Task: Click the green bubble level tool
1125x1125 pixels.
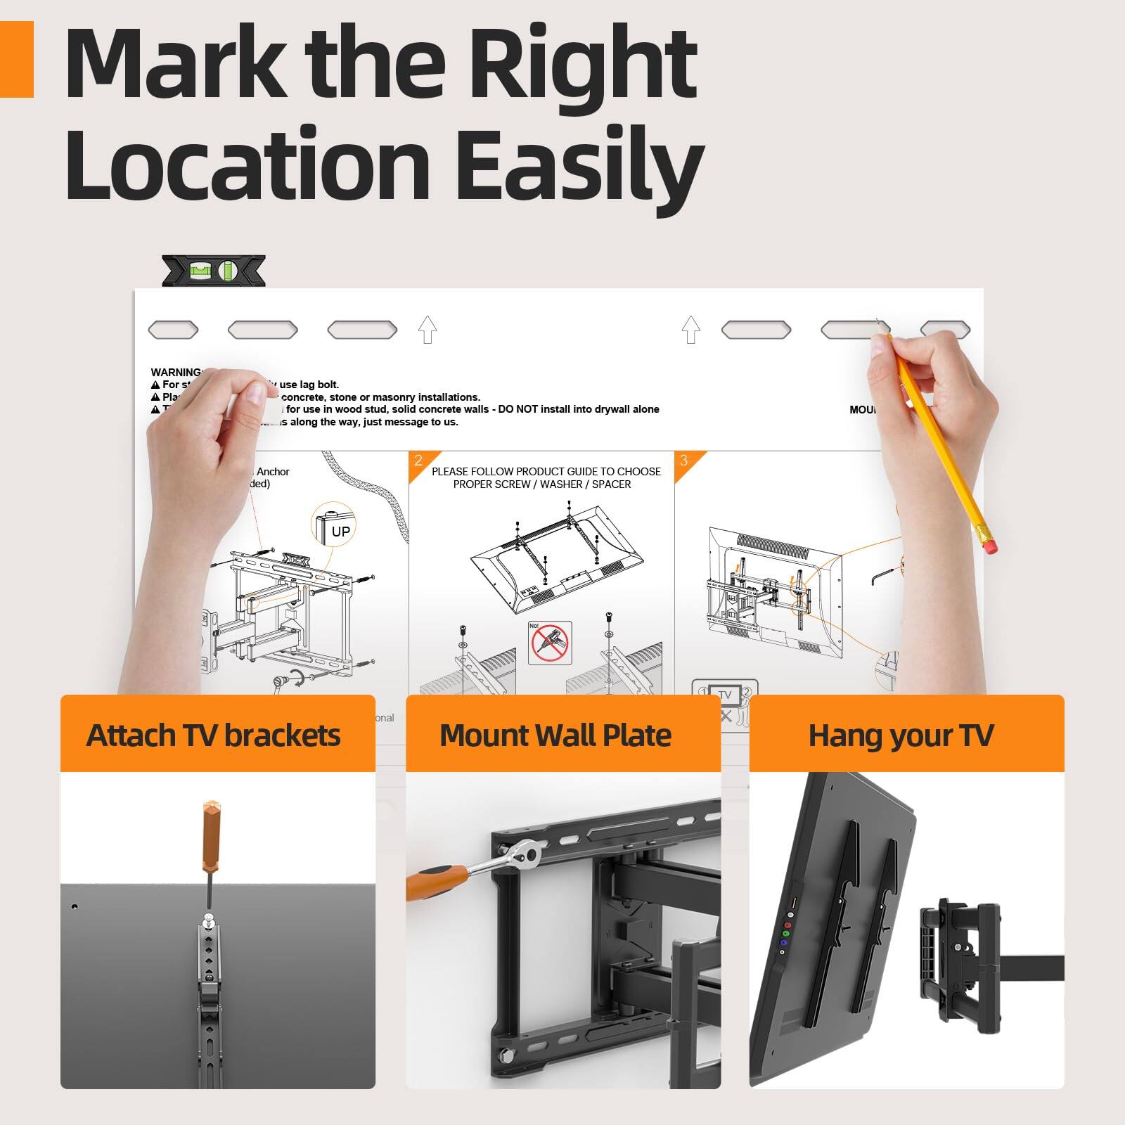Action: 214,270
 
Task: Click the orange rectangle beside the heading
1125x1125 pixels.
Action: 16,59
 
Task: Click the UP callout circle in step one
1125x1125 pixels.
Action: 334,526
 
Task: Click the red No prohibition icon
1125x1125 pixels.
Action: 549,643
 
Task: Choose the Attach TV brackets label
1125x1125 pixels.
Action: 214,735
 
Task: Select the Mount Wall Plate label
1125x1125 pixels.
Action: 555,735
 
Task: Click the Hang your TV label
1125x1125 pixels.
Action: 901,735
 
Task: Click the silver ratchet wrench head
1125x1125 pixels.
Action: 526,855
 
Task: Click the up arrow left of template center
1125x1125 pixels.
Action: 427,329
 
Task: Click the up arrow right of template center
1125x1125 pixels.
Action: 691,329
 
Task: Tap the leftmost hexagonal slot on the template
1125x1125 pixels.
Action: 173,329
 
